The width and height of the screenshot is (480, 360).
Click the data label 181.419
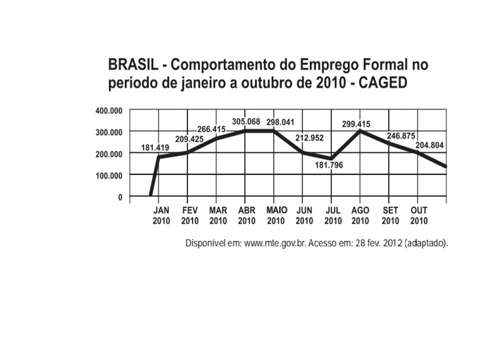[155, 148]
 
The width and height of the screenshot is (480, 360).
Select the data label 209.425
[189, 139]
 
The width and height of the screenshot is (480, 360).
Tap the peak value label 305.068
[247, 121]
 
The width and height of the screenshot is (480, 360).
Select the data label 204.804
[430, 146]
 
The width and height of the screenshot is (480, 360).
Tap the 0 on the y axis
[119, 197]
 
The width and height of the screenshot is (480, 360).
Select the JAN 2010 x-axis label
[161, 215]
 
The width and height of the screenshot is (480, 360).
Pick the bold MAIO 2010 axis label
[276, 215]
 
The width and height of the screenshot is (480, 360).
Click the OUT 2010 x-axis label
[419, 215]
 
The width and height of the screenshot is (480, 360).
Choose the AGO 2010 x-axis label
[360, 215]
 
